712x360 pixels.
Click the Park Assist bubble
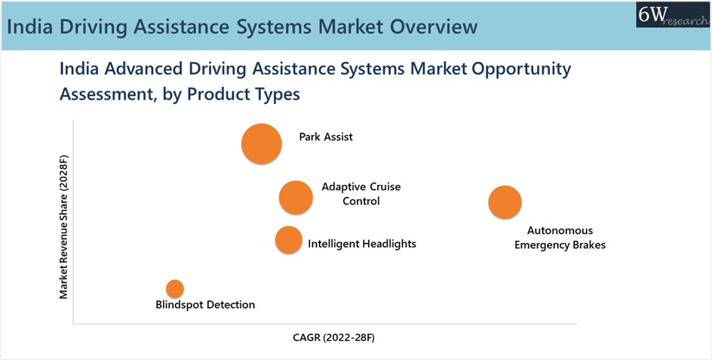coord(262,143)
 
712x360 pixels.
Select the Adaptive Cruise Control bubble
coord(296,197)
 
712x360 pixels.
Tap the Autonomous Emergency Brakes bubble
coord(505,202)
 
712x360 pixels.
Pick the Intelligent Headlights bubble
coord(288,240)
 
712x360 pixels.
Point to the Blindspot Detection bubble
coord(175,288)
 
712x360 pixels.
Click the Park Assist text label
coord(326,137)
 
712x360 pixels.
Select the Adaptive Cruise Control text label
coord(361,194)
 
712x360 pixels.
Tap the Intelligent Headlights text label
coord(362,244)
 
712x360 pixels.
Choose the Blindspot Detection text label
coord(205,305)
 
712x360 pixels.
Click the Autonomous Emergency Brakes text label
coord(560,238)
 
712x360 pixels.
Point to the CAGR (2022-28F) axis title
coord(333,338)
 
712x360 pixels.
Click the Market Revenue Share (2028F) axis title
coord(63,227)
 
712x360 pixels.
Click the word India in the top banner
coord(30,27)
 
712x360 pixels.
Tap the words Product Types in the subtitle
coord(244,95)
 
